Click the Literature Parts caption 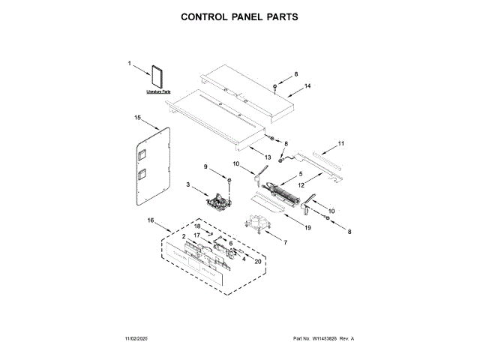159,91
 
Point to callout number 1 129,64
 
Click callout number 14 307,87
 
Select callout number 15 137,118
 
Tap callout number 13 267,157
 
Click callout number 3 189,185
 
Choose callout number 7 285,241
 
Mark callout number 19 287,226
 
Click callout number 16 150,220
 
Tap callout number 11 341,143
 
